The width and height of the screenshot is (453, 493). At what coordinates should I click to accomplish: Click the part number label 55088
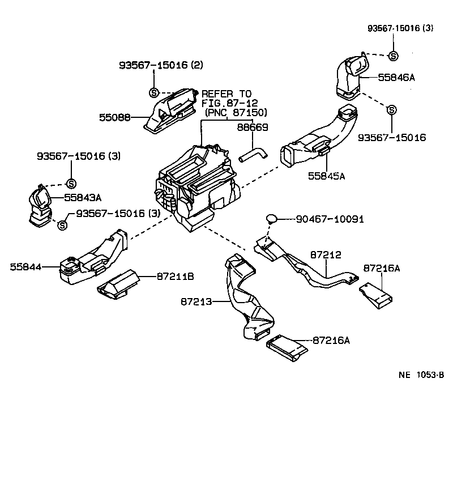[x=115, y=118]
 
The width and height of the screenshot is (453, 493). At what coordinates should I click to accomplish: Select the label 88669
[x=252, y=128]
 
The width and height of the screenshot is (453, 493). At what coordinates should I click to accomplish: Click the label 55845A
[x=326, y=176]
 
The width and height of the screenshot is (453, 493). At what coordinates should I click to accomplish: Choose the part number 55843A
[x=83, y=197]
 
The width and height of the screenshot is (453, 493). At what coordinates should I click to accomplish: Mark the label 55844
[x=25, y=265]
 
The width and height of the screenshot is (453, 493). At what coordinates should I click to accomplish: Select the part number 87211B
[x=176, y=276]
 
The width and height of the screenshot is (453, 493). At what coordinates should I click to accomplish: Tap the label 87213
[x=196, y=302]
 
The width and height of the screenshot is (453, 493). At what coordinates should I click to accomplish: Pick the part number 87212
[x=325, y=256]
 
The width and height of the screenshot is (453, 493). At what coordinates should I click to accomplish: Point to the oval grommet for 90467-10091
[x=272, y=218]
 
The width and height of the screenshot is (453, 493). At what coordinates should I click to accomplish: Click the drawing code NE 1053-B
[x=421, y=375]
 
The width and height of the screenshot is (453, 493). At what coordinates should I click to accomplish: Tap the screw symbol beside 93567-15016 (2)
[x=153, y=93]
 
